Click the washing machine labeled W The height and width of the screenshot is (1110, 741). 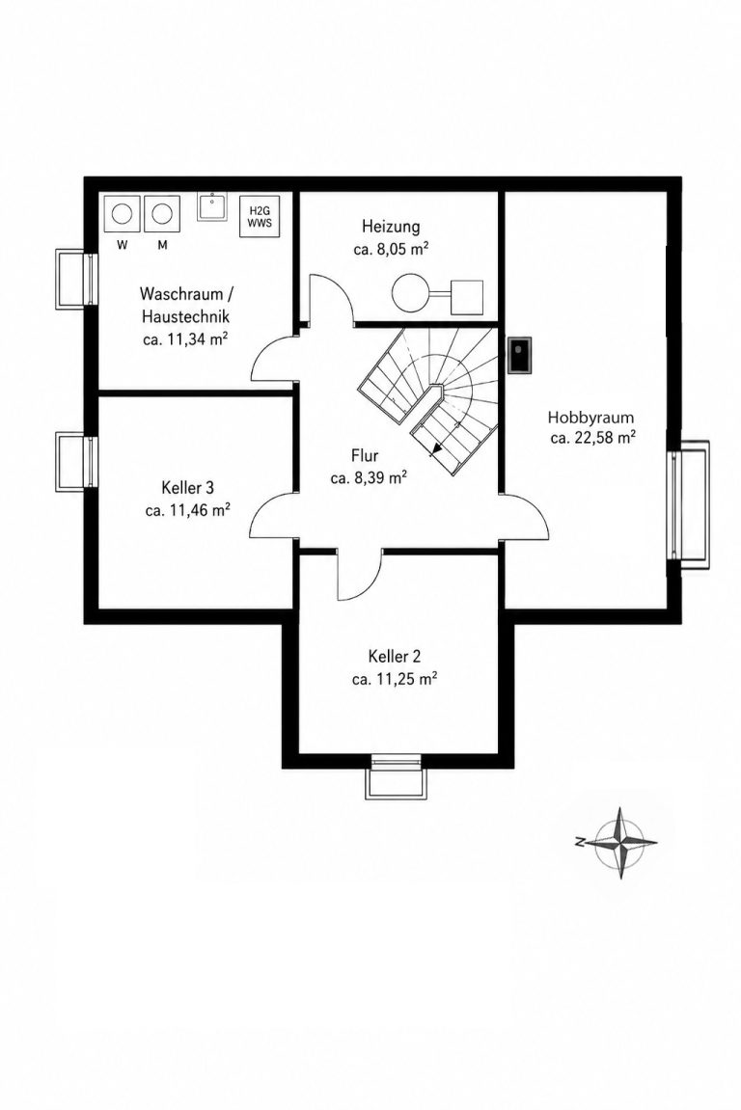point(123,213)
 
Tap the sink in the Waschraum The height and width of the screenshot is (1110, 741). point(212,206)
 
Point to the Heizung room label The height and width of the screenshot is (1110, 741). point(391,227)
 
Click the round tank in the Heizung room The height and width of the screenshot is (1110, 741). point(410,291)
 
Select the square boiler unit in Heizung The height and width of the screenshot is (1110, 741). point(467,297)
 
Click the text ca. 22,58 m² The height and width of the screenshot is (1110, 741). point(592,438)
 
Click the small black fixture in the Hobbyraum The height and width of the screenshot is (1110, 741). point(521,353)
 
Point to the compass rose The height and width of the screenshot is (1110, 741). point(619,843)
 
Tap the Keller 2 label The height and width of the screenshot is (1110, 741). point(394,656)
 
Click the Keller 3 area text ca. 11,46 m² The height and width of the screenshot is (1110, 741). point(188,510)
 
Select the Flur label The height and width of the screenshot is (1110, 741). point(365,455)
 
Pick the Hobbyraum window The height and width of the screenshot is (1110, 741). point(689,504)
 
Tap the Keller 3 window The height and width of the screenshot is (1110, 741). point(75,463)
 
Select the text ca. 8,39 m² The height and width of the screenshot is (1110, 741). point(369,477)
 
